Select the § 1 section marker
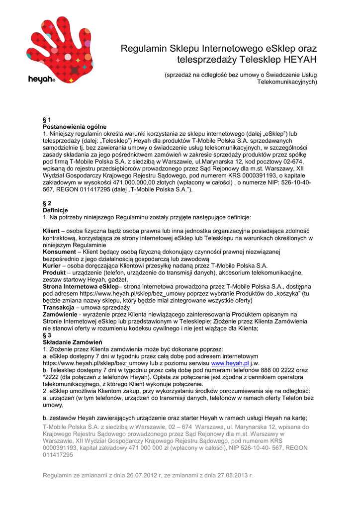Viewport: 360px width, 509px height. [x=47, y=120]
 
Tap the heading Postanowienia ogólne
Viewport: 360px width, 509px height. [x=75, y=127]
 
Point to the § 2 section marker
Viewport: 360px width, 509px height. [x=47, y=203]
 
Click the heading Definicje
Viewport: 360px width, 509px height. [x=56, y=210]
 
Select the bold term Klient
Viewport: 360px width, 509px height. [x=51, y=231]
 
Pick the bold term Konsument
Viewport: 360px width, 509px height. [x=60, y=252]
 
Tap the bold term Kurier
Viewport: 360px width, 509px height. [x=52, y=266]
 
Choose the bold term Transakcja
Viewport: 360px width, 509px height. [x=60, y=308]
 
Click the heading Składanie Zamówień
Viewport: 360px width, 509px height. [x=73, y=342]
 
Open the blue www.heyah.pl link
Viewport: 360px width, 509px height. [x=229, y=363]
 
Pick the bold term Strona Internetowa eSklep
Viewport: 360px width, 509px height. [x=81, y=287]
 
